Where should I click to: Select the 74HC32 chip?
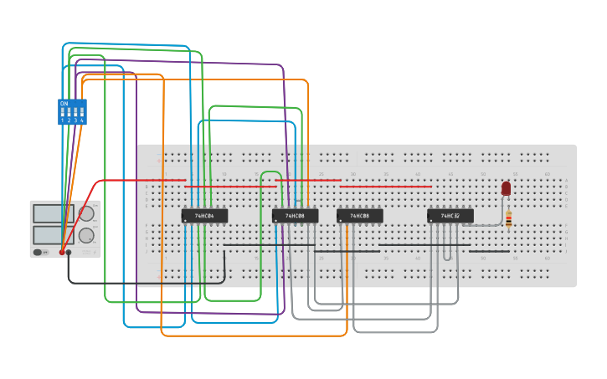(x=450, y=216)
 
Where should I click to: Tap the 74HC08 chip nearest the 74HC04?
(x=295, y=216)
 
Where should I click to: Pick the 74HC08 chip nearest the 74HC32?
(x=359, y=216)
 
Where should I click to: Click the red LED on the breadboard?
(x=506, y=188)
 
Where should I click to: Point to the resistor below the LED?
(x=508, y=219)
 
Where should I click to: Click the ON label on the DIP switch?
(x=64, y=103)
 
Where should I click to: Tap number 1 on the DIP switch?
(x=62, y=120)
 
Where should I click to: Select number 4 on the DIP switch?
(x=81, y=120)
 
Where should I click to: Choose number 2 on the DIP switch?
(x=69, y=120)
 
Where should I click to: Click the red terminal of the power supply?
(x=62, y=252)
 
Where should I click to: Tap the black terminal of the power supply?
(x=69, y=252)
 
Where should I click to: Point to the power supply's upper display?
(x=48, y=213)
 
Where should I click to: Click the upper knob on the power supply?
(x=86, y=213)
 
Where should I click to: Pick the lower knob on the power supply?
(x=86, y=235)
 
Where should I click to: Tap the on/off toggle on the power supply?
(x=39, y=252)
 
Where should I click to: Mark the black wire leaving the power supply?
(x=142, y=284)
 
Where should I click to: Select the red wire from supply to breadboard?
(x=126, y=180)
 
